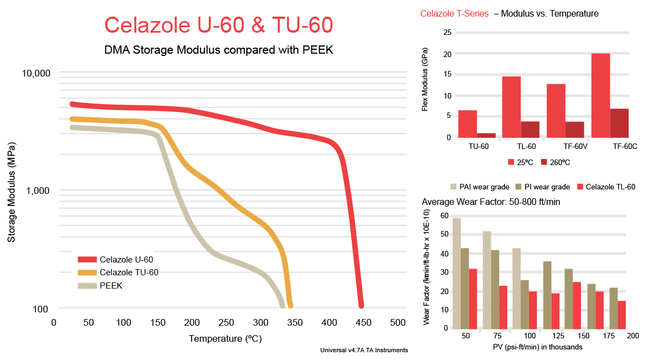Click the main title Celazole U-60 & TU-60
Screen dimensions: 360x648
[x=219, y=25]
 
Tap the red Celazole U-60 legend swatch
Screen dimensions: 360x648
[x=87, y=259]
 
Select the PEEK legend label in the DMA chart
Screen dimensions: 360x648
[x=111, y=286]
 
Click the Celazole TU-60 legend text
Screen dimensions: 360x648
[x=128, y=272]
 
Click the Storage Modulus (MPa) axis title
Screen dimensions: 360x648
[x=11, y=192]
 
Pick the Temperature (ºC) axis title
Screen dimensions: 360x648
[x=225, y=338]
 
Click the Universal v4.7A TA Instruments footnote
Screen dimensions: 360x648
[x=364, y=350]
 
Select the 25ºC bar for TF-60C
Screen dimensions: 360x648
[x=600, y=95]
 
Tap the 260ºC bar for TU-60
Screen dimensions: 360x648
[x=486, y=135]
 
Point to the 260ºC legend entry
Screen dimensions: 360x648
[x=555, y=162]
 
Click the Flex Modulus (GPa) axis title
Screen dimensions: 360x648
[x=425, y=85]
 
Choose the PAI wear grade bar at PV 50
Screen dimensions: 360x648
[x=456, y=272]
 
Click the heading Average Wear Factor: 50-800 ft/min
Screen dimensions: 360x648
[x=491, y=202]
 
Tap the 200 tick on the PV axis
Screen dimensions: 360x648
[x=632, y=336]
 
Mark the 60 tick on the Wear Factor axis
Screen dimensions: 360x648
[x=444, y=215]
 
